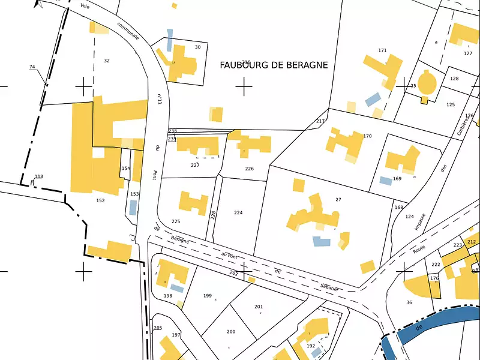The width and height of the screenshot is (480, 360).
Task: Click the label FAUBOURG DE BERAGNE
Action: [x=274, y=65]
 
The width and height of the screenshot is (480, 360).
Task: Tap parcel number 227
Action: [x=195, y=165]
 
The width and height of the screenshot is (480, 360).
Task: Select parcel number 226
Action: [x=249, y=169]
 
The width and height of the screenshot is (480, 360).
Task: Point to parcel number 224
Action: [x=238, y=213]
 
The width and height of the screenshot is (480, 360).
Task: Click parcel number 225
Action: [x=176, y=221]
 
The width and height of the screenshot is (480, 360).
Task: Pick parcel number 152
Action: [x=100, y=200]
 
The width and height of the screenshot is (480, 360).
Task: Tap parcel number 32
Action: [x=107, y=61]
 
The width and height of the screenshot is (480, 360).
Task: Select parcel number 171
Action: [x=382, y=50]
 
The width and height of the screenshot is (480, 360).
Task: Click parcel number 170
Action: [x=367, y=136]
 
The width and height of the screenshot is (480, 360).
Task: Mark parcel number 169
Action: [x=397, y=179]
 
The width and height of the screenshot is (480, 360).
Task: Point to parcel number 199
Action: [x=208, y=295]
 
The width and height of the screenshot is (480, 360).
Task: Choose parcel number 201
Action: [x=259, y=307]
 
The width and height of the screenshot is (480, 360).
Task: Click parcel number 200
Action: [x=231, y=332]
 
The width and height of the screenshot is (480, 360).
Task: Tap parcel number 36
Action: [x=409, y=302]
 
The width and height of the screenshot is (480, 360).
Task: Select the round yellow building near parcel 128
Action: [x=427, y=83]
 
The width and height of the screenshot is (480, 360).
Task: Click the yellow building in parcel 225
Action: [x=193, y=203]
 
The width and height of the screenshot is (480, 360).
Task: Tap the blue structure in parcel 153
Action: [x=133, y=207]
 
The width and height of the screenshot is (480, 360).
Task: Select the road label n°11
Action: [x=160, y=99]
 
